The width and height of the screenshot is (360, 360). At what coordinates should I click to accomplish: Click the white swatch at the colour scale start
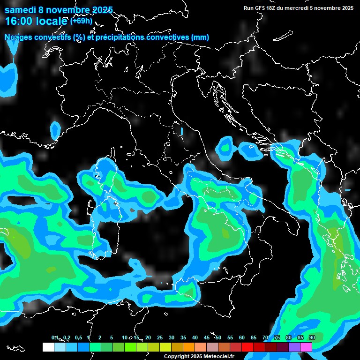coord(48,347)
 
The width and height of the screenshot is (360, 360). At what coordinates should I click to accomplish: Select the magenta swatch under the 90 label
coord(306,347)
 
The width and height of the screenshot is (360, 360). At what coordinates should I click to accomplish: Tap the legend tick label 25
coord(160,338)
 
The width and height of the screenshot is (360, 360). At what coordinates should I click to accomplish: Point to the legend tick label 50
coord(218,338)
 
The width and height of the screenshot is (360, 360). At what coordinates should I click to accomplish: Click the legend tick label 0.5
coord(78,338)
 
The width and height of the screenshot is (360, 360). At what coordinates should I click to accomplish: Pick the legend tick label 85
coord(300,338)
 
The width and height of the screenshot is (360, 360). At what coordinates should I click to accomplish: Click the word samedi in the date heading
coord(20,10)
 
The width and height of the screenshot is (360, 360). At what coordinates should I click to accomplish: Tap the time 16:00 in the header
coord(20,21)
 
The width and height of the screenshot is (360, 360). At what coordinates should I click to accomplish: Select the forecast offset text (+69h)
coord(81,21)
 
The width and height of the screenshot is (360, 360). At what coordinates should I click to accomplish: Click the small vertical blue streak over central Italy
coord(181,131)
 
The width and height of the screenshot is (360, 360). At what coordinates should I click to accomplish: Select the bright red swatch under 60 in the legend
coord(247,347)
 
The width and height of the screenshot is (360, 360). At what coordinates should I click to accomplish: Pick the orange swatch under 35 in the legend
coord(189,347)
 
